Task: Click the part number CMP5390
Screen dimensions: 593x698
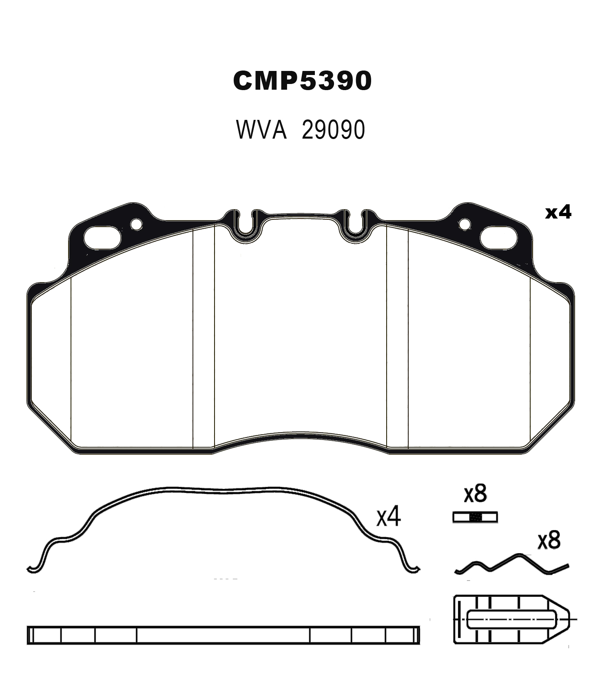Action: coord(302,80)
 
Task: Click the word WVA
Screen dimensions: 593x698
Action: coord(261,130)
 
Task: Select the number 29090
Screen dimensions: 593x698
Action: coord(333,130)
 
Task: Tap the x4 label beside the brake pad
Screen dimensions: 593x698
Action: coord(558,212)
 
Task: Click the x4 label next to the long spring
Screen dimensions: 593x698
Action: coord(389,516)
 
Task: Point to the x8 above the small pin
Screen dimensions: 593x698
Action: coord(476,493)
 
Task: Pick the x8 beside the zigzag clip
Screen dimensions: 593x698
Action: coord(549,540)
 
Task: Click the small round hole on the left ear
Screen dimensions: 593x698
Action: coord(136,224)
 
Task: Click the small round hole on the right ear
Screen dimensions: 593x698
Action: coord(465,224)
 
